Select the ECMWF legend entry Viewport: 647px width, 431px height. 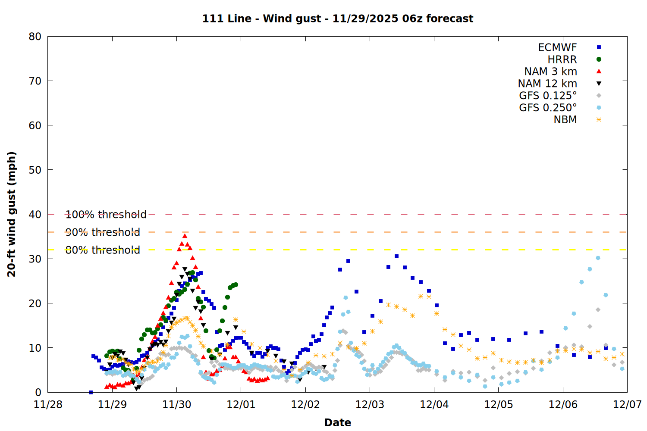[557, 47]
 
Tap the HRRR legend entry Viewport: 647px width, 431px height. [562, 59]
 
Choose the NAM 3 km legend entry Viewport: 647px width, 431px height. [550, 72]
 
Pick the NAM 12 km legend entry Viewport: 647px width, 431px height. [547, 84]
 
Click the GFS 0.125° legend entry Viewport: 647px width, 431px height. [548, 96]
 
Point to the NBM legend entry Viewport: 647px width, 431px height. [565, 120]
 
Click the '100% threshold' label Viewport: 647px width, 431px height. [106, 215]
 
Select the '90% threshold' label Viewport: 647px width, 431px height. [103, 232]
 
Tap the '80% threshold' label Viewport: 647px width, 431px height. [103, 250]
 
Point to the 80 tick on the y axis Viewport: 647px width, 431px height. [35, 37]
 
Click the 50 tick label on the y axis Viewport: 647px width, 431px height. [35, 170]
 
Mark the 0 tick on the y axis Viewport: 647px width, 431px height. [38, 392]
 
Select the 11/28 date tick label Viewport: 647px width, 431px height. [48, 405]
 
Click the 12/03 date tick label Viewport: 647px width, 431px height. [370, 405]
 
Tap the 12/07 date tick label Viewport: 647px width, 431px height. [627, 405]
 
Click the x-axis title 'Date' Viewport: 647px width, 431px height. [338, 422]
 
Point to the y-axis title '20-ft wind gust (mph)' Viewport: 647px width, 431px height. [12, 214]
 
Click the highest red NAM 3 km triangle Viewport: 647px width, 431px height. [185, 236]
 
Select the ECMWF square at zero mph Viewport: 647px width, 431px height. [91, 392]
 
